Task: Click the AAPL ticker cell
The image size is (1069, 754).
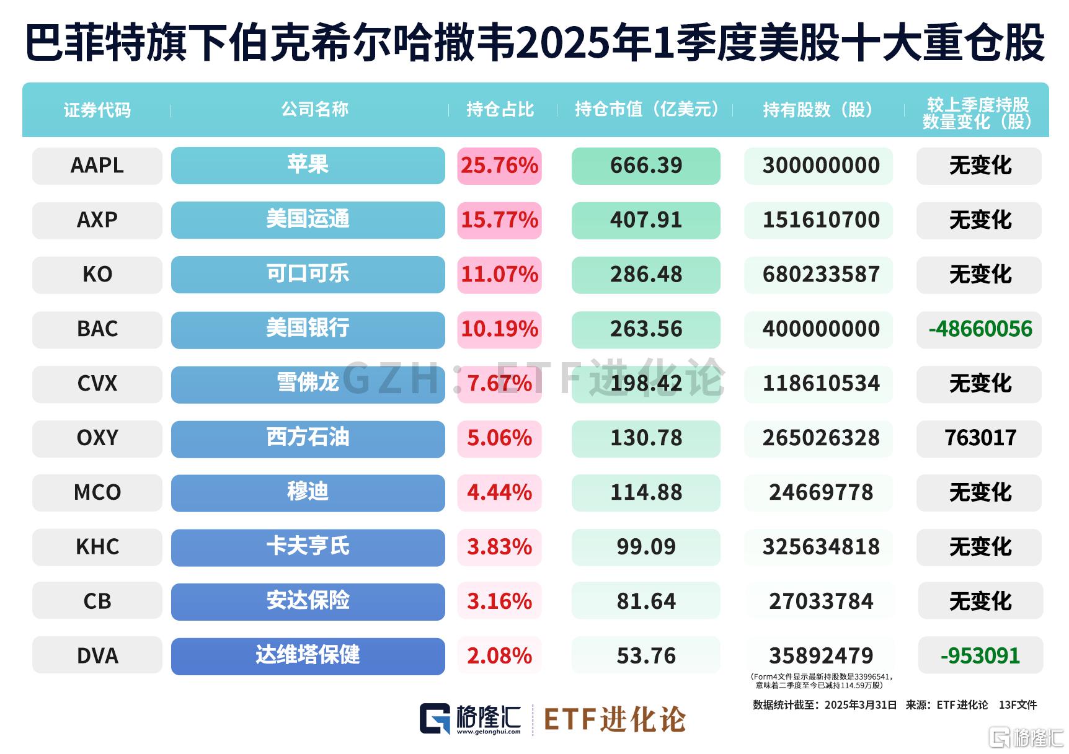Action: [x=97, y=166]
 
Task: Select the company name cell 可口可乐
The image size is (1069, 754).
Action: [x=308, y=274]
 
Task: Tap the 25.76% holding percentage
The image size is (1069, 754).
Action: [x=499, y=166]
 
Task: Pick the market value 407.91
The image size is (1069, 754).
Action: [x=645, y=220]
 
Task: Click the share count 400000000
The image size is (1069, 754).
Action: [x=820, y=329]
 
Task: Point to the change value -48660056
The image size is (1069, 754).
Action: [x=980, y=329]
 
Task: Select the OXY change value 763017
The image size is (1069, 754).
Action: [x=980, y=438]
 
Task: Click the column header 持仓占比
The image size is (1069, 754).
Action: [x=500, y=110]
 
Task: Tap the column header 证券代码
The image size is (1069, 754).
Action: [x=97, y=110]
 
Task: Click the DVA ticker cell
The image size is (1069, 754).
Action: [x=97, y=655]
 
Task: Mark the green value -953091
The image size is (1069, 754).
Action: [x=980, y=655]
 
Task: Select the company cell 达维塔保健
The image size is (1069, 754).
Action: [x=308, y=655]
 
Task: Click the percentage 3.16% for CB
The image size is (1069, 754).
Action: [x=499, y=601]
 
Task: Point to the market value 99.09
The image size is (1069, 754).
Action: [x=645, y=546]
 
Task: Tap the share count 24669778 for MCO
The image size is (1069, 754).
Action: [x=820, y=492]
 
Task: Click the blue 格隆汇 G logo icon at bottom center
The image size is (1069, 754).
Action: [x=435, y=719]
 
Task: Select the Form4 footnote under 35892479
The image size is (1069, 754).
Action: [x=820, y=681]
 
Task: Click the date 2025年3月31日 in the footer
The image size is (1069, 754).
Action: [x=861, y=705]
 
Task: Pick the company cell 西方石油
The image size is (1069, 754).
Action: [x=308, y=438]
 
